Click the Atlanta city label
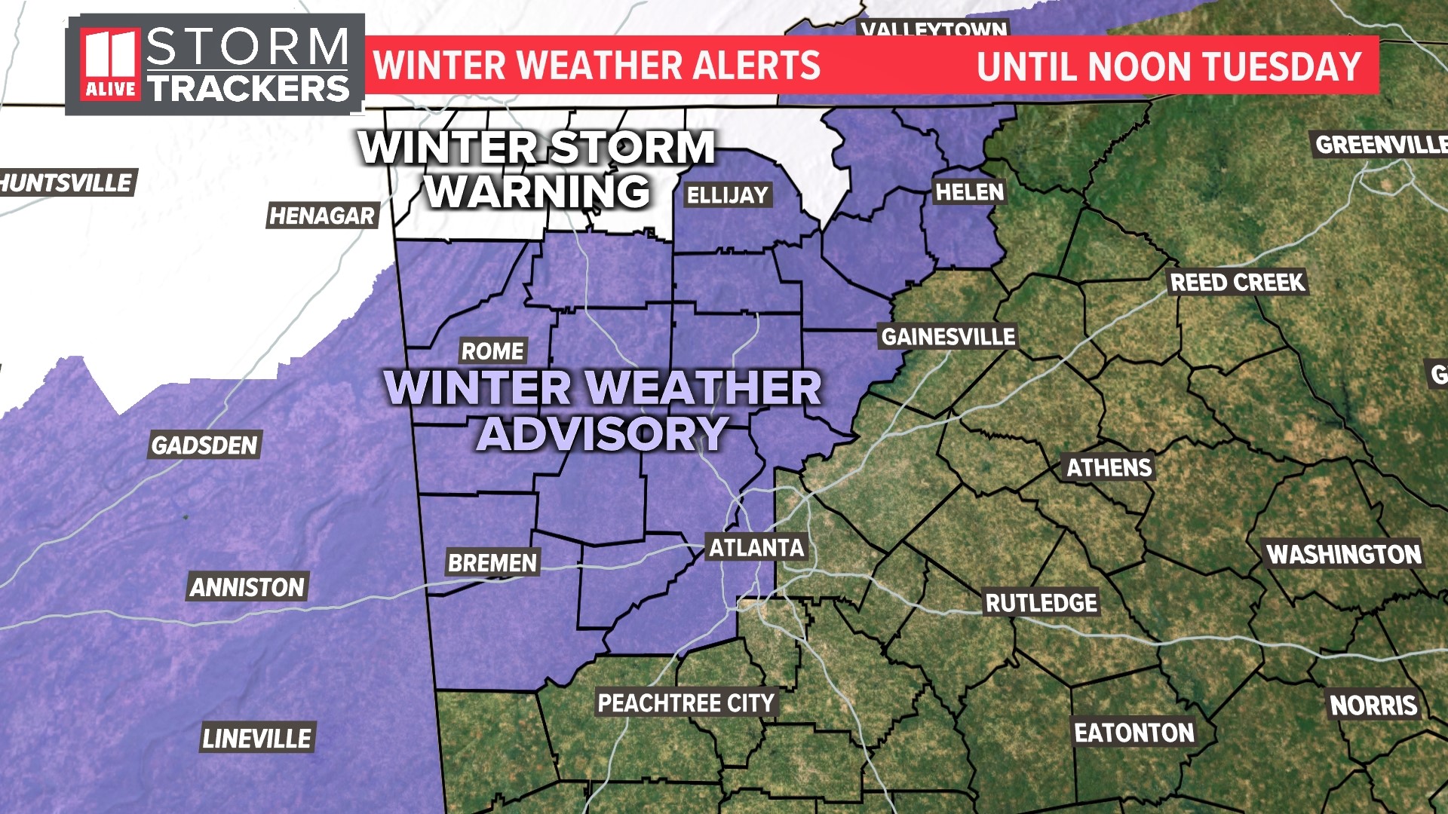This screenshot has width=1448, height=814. [756, 548]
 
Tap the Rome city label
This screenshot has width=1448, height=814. [492, 351]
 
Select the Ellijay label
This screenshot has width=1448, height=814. [727, 196]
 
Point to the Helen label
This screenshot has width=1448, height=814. [969, 192]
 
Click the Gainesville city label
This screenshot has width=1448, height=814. [949, 337]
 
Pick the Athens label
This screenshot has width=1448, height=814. [1109, 468]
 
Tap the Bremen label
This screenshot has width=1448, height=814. [492, 563]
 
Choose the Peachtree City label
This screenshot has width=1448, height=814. [686, 703]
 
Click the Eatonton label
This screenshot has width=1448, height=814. [1134, 733]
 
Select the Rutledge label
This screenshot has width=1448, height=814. [1041, 603]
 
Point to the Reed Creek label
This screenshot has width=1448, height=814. [1237, 283]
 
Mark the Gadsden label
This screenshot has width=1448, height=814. [204, 445]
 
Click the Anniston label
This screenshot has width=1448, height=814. [247, 587]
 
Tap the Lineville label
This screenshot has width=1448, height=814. [256, 739]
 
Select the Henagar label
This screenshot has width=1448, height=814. [322, 216]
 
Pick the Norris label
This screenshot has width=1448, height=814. [1373, 705]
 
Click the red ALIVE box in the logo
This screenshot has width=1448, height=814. [110, 89]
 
